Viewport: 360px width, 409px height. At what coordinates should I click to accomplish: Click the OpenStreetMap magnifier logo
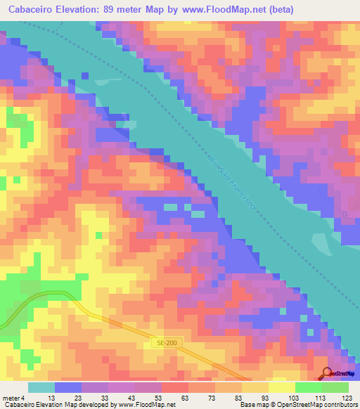[x=327, y=372]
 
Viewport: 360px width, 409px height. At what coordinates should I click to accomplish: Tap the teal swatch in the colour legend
[x=41, y=387]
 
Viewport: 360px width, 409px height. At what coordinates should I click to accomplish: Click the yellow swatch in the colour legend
[x=281, y=387]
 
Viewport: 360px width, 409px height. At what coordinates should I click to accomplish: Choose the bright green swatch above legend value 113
[x=308, y=387]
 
